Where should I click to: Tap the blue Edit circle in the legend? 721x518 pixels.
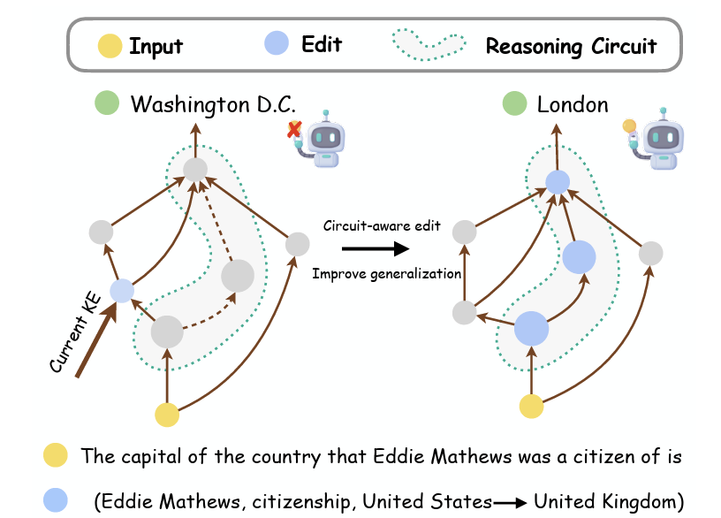click(x=277, y=43)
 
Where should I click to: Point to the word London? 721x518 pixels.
click(x=573, y=104)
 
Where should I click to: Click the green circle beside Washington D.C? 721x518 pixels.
click(x=108, y=104)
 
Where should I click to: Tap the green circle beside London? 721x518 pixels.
click(x=513, y=104)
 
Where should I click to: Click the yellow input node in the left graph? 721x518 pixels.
click(x=167, y=414)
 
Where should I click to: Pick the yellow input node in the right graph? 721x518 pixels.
click(x=530, y=407)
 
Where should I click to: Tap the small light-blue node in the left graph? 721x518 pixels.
click(x=121, y=289)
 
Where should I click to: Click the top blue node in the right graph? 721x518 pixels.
click(x=557, y=182)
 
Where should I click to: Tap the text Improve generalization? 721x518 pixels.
click(x=387, y=274)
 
